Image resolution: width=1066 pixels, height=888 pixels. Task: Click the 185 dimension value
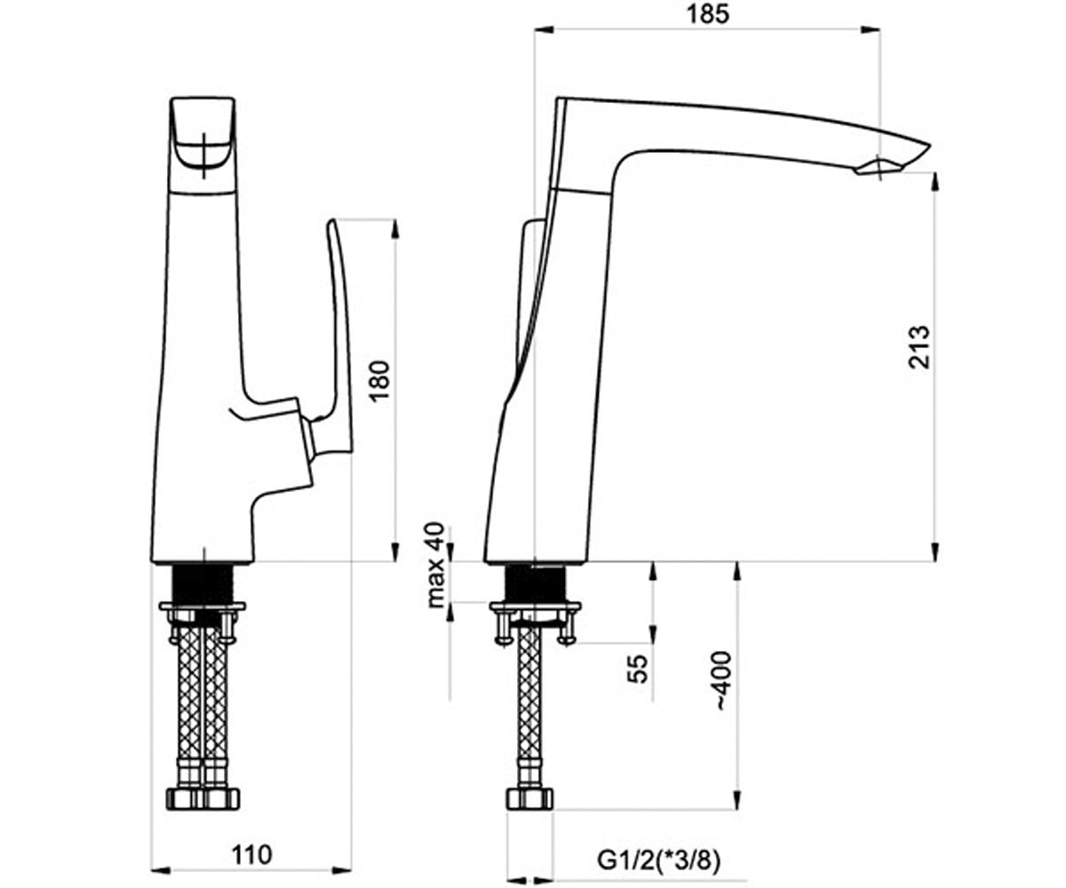(x=708, y=15)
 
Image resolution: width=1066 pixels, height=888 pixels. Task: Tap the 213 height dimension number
(x=919, y=346)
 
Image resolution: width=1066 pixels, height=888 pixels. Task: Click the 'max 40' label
(x=435, y=565)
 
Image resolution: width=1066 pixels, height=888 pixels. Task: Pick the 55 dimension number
(x=638, y=669)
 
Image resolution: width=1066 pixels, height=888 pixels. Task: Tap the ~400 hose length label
(x=723, y=680)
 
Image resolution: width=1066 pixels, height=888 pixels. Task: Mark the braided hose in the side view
(x=529, y=704)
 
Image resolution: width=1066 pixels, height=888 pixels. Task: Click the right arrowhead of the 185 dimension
(x=871, y=29)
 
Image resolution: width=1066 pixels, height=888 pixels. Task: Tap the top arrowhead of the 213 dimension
(x=935, y=182)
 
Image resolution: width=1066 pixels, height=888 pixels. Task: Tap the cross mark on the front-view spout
(x=203, y=148)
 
